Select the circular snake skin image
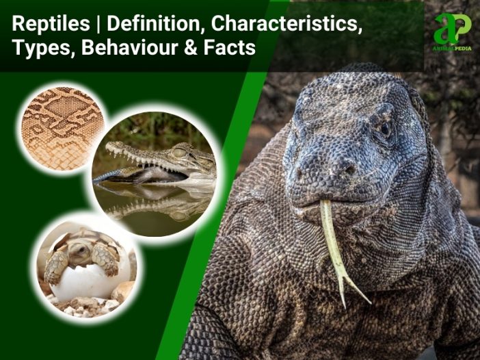62,128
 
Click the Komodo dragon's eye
385,129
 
